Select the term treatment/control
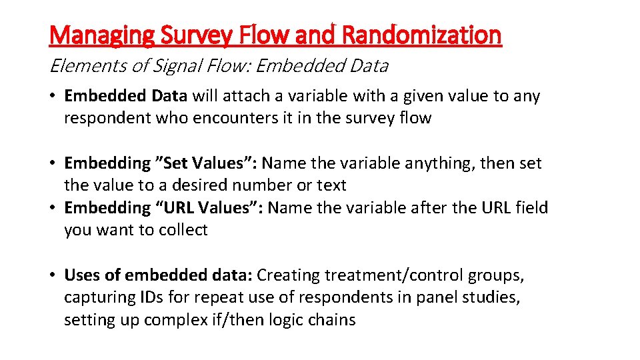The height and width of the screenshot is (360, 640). (x=404, y=275)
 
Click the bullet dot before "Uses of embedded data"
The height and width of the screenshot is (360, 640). (x=53, y=275)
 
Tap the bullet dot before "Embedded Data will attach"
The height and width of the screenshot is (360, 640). (x=53, y=96)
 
